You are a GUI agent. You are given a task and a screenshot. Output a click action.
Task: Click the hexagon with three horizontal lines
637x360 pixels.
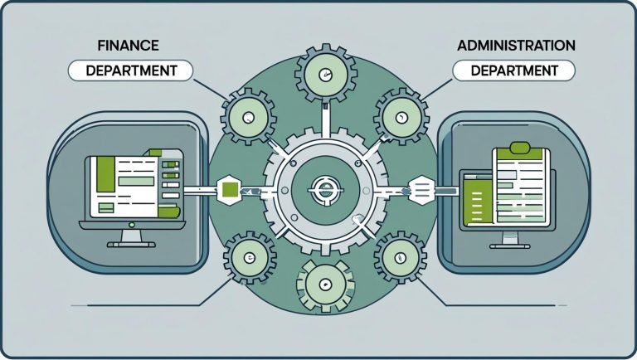click(x=420, y=190)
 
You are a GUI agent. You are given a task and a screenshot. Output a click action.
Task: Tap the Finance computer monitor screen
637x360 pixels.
click(x=134, y=184)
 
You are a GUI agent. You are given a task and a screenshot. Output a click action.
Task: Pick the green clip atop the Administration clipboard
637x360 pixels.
click(x=520, y=148)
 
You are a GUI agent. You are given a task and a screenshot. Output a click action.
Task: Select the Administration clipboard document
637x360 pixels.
click(x=523, y=186)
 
